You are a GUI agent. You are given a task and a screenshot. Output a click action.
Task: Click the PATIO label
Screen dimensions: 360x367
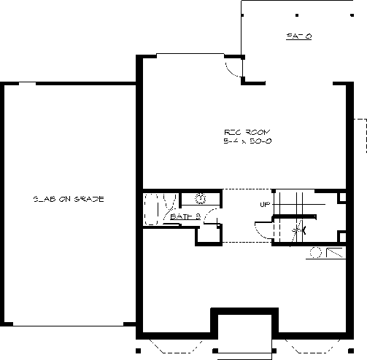(x=298, y=36)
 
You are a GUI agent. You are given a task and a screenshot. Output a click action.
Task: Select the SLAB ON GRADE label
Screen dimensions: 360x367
(x=69, y=199)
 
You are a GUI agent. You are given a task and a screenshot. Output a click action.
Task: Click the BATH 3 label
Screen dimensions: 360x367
(x=185, y=216)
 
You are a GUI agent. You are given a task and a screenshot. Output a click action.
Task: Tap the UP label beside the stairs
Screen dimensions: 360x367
(x=265, y=203)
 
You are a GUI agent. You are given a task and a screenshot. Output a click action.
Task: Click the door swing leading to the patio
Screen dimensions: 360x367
(x=233, y=69)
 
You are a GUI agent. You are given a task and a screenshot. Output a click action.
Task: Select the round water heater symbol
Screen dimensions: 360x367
(x=316, y=253)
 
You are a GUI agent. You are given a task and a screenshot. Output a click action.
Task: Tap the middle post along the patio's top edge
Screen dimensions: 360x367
(x=298, y=13)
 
